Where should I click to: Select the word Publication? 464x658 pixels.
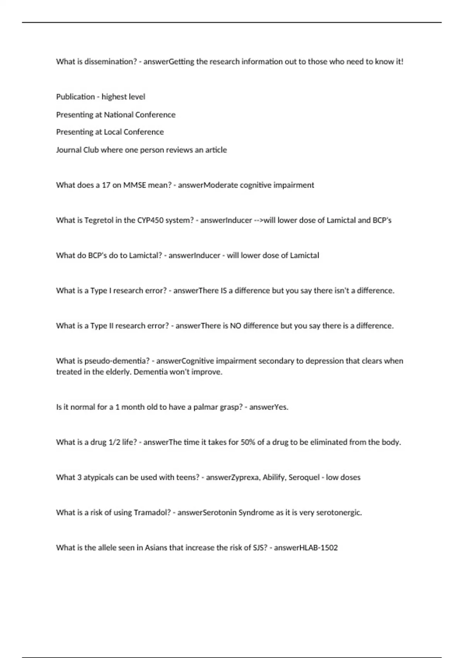click(x=75, y=97)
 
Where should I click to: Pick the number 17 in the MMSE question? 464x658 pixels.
click(x=106, y=185)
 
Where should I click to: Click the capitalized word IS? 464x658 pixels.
click(x=223, y=291)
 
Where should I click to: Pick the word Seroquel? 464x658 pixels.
click(x=304, y=478)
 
